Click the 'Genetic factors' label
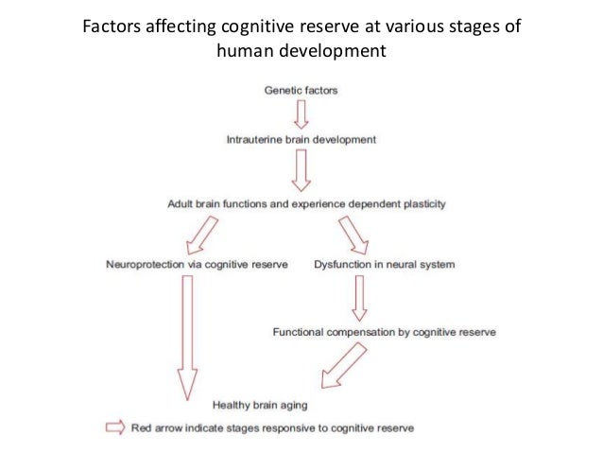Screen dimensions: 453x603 pyautogui.click(x=301, y=91)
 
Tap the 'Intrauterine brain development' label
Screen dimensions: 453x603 pyautogui.click(x=301, y=139)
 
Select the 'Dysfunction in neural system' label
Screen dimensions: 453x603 pyautogui.click(x=384, y=265)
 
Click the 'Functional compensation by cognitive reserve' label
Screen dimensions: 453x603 pyautogui.click(x=384, y=333)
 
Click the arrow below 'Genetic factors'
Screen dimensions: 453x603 pyautogui.click(x=301, y=114)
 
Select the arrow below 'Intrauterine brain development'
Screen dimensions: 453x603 pyautogui.click(x=301, y=170)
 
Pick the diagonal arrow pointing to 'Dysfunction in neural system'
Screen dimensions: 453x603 pyautogui.click(x=354, y=234)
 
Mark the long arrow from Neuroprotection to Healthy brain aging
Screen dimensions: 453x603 pyautogui.click(x=187, y=336)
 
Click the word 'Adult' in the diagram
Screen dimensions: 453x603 pyautogui.click(x=181, y=202)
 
